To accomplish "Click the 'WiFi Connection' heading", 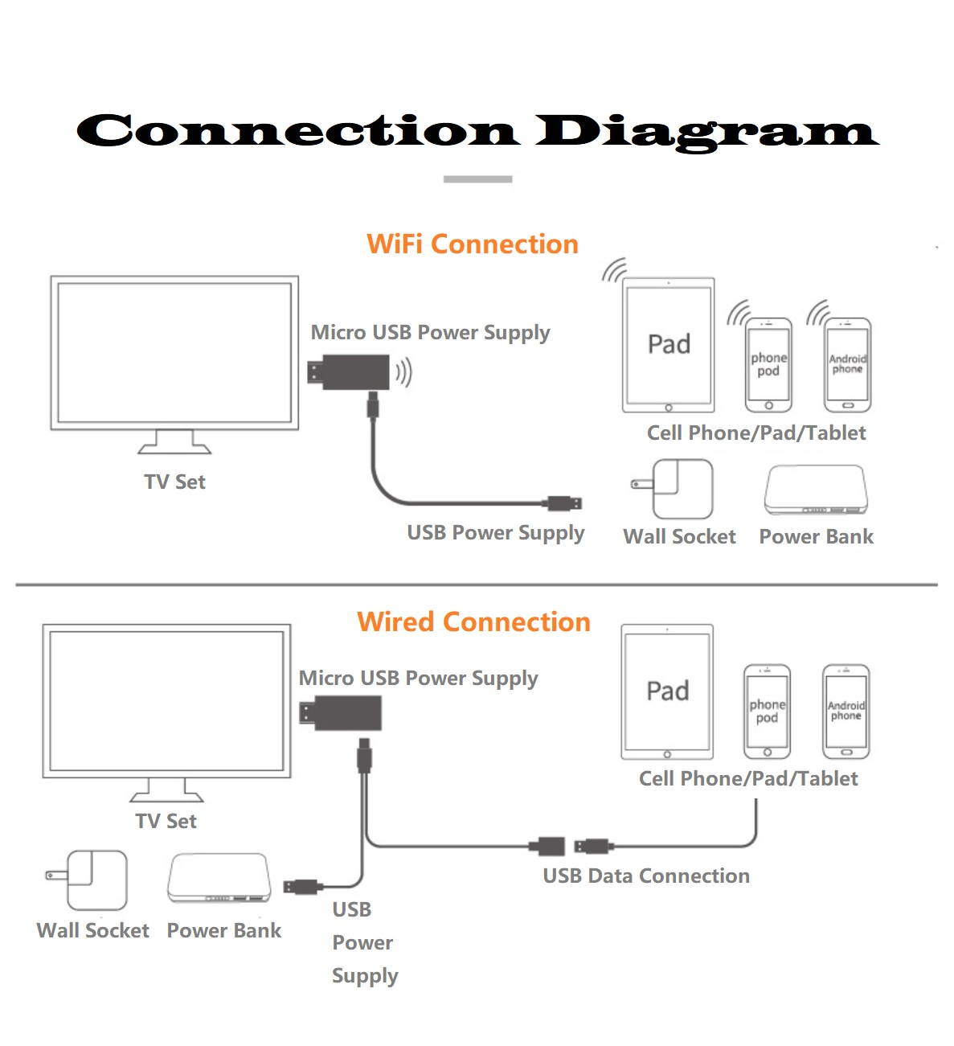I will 473,244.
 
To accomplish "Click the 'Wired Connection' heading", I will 473,622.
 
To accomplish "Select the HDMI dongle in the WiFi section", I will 350,372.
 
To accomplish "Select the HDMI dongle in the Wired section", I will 341,713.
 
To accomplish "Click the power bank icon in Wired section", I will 219,879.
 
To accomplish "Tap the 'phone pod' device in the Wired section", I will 767,712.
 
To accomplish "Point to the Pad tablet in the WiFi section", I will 668,345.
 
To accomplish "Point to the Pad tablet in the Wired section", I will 667,691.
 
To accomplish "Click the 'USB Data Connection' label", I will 646,876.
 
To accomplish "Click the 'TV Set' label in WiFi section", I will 174,482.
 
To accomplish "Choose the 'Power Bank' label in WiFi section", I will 816,537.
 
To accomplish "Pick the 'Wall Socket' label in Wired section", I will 93,931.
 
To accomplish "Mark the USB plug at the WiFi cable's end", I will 565,504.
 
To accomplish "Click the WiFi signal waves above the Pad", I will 615,270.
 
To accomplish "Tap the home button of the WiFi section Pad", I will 668,408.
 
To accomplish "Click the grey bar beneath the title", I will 477,179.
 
